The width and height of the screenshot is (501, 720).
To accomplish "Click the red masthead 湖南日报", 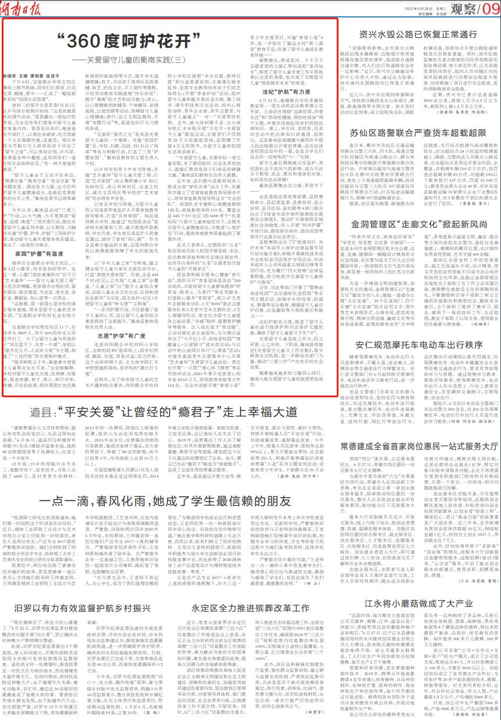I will click(23, 8).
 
